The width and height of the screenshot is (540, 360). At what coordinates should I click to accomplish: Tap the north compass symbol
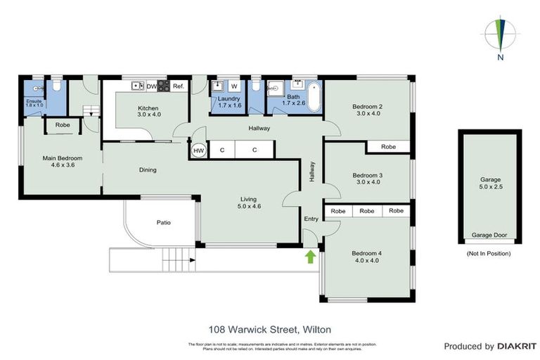coord(501,34)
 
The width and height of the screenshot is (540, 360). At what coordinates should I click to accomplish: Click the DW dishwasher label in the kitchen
coord(150,86)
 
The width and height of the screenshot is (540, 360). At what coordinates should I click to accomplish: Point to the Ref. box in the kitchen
coord(179,86)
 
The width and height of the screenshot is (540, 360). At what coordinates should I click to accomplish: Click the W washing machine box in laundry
coord(234,86)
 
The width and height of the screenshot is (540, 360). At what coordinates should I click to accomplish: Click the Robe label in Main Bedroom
coord(63,125)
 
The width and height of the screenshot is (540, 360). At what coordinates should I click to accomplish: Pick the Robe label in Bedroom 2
coord(388,147)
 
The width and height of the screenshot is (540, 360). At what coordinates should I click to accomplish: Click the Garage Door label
coord(489,236)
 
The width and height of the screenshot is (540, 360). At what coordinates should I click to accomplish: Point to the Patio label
coord(163,223)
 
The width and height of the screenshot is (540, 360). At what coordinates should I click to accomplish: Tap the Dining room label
coord(147,169)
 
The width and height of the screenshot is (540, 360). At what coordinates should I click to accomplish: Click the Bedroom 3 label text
coord(367,175)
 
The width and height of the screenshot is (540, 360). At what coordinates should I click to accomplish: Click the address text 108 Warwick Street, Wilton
coord(270,328)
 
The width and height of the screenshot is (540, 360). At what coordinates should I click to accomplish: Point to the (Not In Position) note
coord(490,253)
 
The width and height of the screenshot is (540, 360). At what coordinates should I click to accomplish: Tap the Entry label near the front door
coord(311,219)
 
